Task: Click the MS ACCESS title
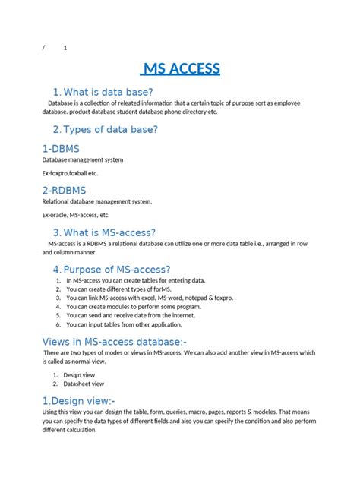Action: [181, 69]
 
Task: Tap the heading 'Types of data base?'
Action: [111, 129]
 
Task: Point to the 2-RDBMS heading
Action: [66, 190]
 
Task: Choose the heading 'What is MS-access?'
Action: [109, 232]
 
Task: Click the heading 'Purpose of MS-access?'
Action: [117, 270]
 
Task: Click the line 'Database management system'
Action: [83, 160]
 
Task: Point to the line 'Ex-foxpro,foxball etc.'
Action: [70, 173]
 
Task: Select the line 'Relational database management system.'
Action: [96, 201]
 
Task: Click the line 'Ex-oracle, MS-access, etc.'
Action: [77, 215]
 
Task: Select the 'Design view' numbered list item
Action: [77, 375]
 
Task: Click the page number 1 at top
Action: [65, 48]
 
